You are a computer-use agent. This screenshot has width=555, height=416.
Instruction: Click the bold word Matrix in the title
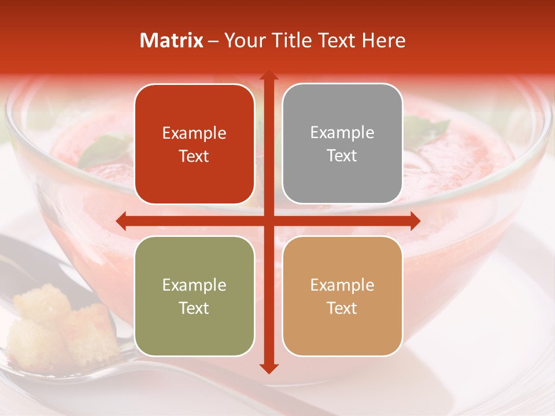click(172, 40)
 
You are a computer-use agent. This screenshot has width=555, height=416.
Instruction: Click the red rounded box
click(194, 144)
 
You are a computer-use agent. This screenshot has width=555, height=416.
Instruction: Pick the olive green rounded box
click(194, 296)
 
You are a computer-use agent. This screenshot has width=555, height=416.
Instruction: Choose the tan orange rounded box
click(342, 296)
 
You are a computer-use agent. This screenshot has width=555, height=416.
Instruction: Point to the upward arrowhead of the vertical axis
click(269, 76)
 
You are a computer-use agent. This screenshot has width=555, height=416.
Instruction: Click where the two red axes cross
click(269, 221)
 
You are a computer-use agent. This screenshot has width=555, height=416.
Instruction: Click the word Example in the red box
click(194, 133)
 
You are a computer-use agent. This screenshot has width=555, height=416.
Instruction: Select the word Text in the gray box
click(342, 155)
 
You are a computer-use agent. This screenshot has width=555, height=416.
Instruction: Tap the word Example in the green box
click(194, 285)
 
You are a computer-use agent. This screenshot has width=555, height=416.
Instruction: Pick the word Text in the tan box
click(342, 308)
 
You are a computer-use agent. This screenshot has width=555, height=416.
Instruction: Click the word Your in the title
click(243, 40)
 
